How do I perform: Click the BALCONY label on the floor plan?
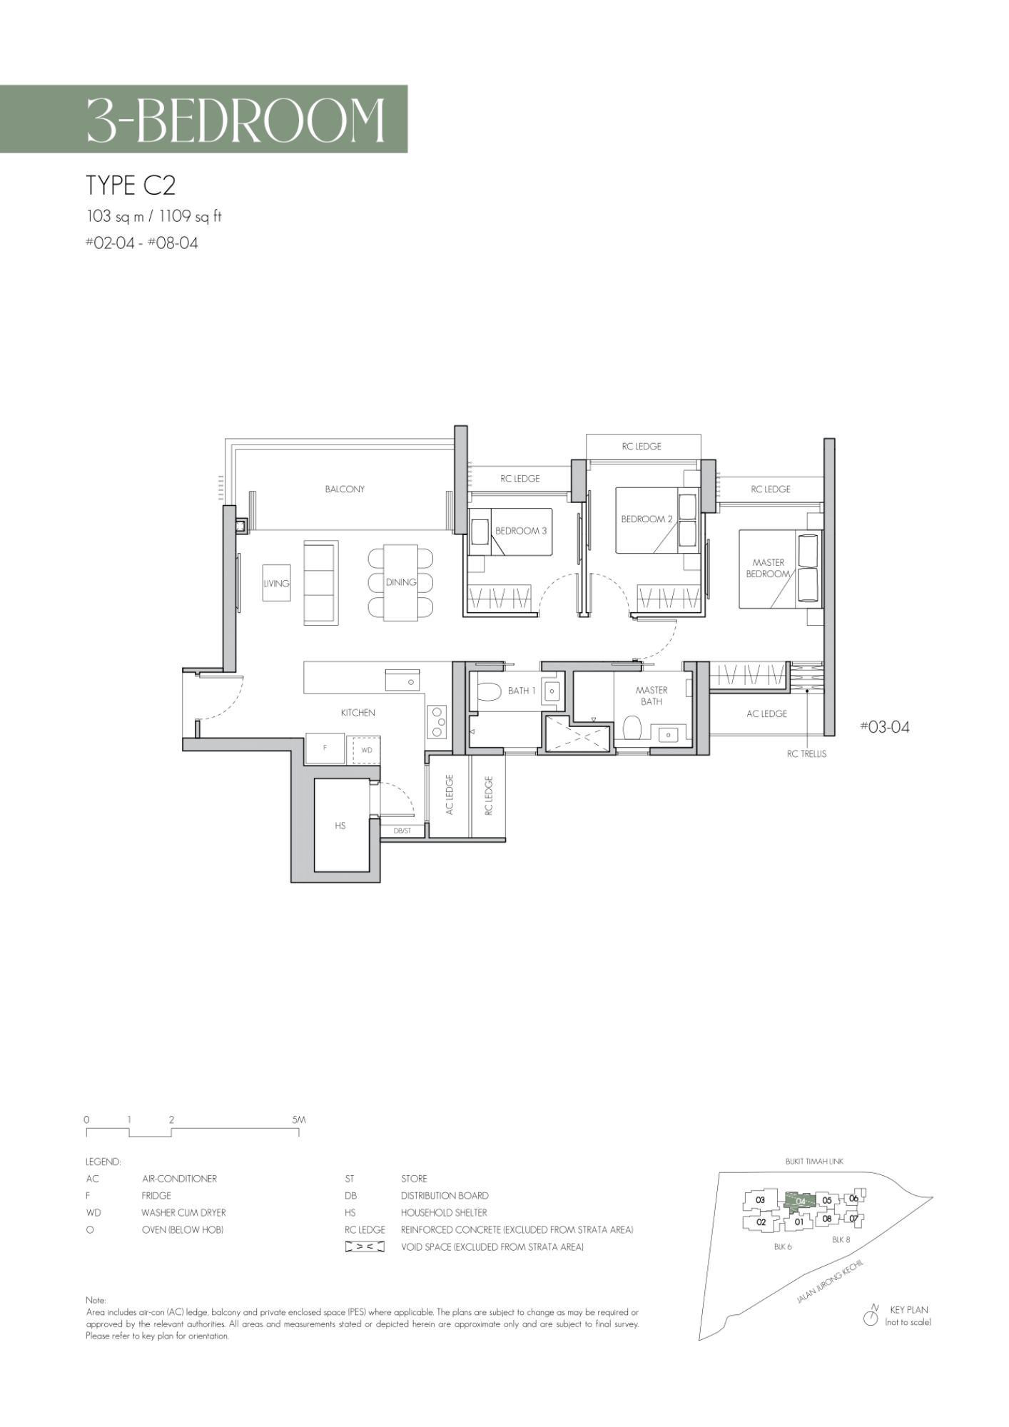pos(345,489)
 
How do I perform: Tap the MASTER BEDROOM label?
pos(769,569)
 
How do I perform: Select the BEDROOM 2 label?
pos(647,519)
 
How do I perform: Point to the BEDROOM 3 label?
pos(521,532)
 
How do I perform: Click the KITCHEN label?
pos(358,713)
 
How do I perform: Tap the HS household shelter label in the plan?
pos(340,826)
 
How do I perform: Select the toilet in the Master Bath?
pos(632,729)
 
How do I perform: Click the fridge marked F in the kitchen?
pos(325,748)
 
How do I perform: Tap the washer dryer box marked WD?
pos(364,750)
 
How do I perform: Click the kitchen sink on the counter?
pos(404,680)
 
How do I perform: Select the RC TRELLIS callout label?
pos(806,754)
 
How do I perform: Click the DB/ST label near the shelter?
pos(402,831)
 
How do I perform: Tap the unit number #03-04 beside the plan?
pos(885,727)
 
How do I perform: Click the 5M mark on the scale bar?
pos(298,1120)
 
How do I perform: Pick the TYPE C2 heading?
pos(131,186)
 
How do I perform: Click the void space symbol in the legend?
pos(365,1247)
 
